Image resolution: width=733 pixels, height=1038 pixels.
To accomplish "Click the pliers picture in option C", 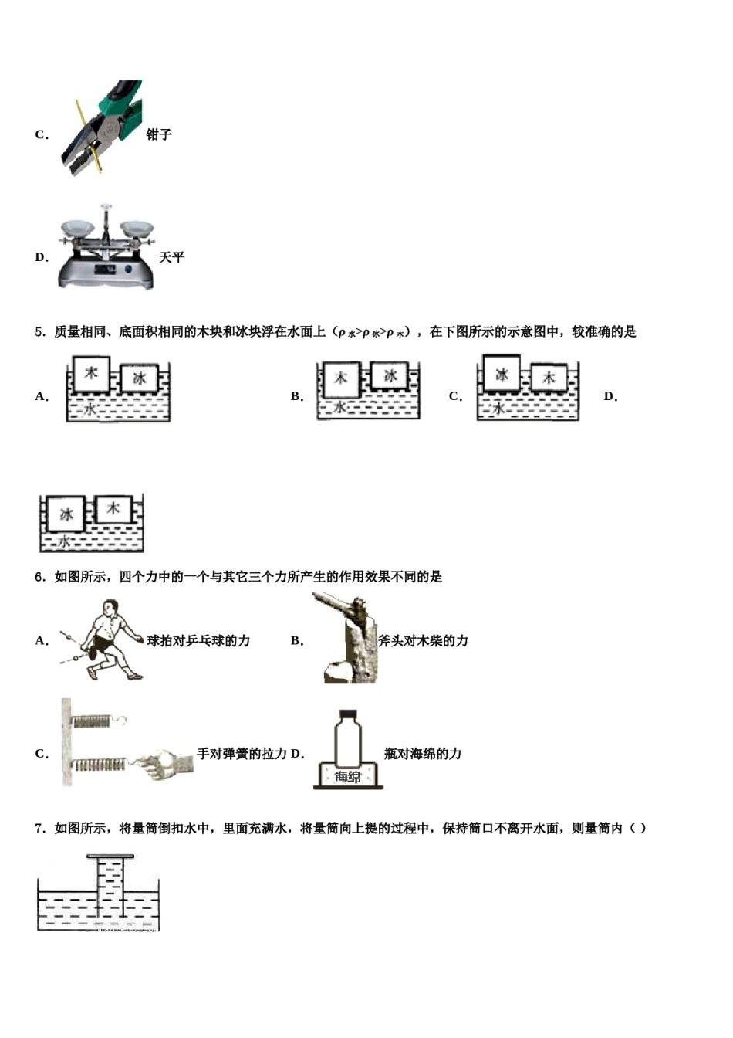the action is tap(103, 128).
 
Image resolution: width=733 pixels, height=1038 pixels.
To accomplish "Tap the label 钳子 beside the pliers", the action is tap(159, 134).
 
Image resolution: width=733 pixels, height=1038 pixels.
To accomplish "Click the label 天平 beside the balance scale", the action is tap(171, 257).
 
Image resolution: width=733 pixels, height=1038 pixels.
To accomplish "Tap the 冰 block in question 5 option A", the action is tap(139, 378).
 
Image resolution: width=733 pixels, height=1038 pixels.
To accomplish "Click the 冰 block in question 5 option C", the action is tap(502, 375).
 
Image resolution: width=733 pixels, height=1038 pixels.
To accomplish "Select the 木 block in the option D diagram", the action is tap(113, 509).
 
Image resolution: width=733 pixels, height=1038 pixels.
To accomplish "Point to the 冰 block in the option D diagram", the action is tap(66, 514).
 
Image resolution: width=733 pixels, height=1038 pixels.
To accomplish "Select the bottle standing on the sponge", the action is tap(349, 738).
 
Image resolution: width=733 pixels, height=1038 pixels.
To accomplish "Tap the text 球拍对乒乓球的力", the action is tap(198, 641).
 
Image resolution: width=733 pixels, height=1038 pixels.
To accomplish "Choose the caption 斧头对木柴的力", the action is tap(423, 641).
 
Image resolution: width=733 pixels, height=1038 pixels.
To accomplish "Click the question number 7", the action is tap(39, 829).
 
